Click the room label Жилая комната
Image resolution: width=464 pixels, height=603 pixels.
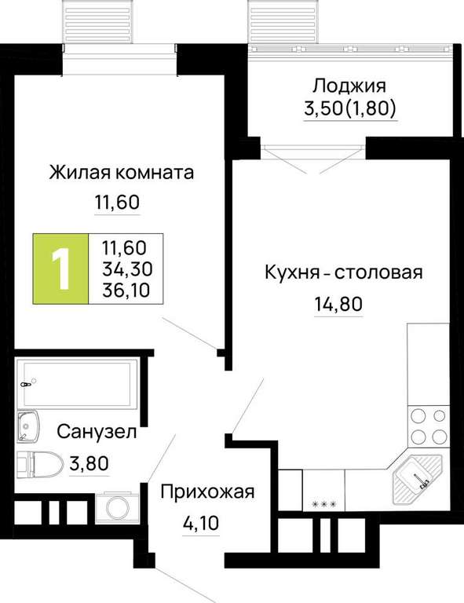coord(121,173)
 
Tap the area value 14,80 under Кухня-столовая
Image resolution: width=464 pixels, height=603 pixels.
coord(338,305)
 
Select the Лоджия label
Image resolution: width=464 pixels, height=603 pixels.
coord(349,86)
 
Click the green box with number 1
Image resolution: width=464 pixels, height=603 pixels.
coord(60,269)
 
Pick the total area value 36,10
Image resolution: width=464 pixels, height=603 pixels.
coord(126,291)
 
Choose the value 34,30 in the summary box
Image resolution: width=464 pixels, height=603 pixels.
coord(127,269)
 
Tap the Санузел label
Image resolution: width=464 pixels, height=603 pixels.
coord(97,432)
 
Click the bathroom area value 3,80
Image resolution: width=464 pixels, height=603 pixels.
coord(90,464)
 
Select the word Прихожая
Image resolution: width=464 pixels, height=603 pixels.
coord(207,492)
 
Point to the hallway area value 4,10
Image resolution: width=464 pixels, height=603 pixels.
coord(200,523)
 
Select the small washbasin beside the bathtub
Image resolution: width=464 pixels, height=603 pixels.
coord(27,426)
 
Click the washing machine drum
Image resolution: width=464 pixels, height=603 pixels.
coord(118,508)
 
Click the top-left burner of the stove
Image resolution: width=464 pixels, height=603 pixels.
coord(418,416)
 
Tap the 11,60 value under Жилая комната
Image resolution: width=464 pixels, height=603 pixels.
coord(117,203)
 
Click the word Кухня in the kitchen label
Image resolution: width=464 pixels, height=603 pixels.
coord(292,273)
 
